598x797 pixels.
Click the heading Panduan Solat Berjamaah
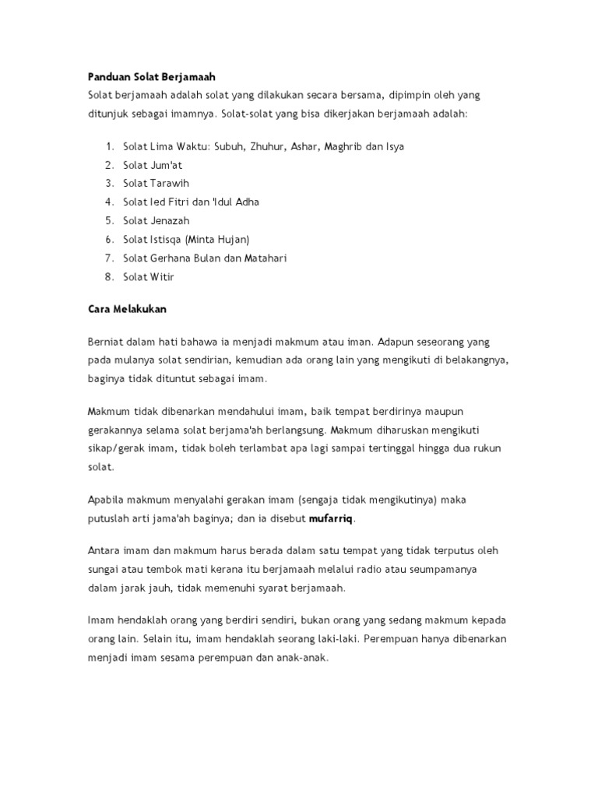point(150,77)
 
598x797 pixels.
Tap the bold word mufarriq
point(331,518)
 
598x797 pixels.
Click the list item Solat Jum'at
point(153,165)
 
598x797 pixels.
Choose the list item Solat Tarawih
point(156,184)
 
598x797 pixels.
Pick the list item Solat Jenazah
point(156,220)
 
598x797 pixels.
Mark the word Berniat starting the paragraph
point(106,342)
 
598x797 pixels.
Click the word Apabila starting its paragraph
point(107,499)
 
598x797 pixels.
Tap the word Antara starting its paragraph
point(105,550)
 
